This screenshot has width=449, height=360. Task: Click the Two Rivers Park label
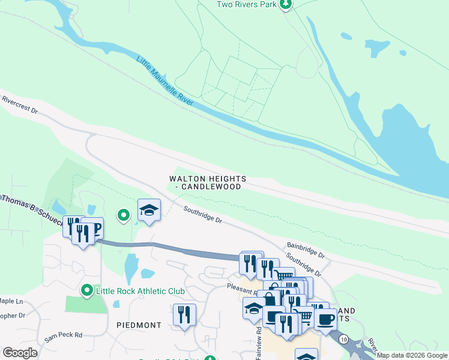click(x=246, y=5)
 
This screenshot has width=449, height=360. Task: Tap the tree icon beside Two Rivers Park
click(x=286, y=5)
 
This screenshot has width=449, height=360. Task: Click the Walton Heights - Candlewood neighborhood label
click(x=205, y=182)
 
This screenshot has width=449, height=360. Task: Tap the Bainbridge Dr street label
click(x=305, y=250)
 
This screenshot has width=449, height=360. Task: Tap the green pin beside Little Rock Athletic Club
click(x=87, y=291)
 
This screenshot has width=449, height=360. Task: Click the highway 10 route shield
click(x=343, y=340)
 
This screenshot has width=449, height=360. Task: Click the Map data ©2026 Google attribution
click(x=412, y=355)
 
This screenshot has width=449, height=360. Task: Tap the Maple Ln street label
click(x=11, y=301)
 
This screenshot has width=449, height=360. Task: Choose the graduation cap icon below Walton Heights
click(x=149, y=209)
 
